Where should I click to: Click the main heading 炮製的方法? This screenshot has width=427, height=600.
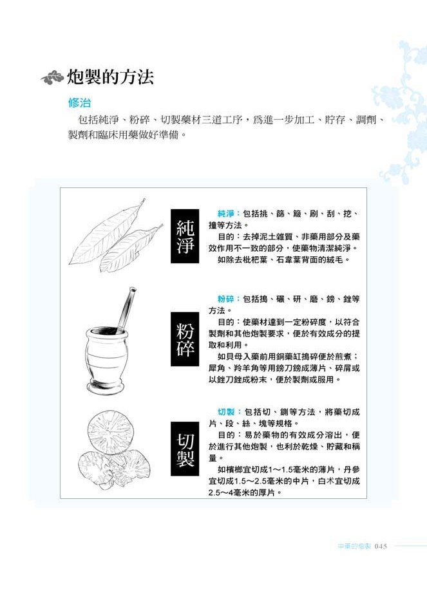pyautogui.click(x=111, y=77)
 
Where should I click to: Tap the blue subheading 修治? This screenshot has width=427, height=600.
pyautogui.click(x=80, y=103)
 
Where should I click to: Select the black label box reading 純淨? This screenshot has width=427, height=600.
pyautogui.click(x=185, y=236)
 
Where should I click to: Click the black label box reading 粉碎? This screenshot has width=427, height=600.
pyautogui.click(x=185, y=339)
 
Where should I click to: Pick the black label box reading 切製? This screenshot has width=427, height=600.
pyautogui.click(x=185, y=449)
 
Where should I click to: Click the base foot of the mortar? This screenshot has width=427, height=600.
pyautogui.click(x=106, y=387)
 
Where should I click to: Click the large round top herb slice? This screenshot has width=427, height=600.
pyautogui.click(x=109, y=433)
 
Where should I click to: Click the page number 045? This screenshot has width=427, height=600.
pyautogui.click(x=381, y=546)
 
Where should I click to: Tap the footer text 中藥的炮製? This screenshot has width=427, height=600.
pyautogui.click(x=354, y=546)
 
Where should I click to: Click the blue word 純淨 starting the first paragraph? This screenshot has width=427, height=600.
pyautogui.click(x=225, y=214)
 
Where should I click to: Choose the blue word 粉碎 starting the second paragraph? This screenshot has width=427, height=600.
pyautogui.click(x=225, y=299)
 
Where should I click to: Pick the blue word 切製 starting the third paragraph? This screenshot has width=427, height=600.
pyautogui.click(x=226, y=412)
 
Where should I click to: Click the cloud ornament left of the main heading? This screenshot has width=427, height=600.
pyautogui.click(x=52, y=78)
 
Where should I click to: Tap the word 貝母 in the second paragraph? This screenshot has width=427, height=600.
pyautogui.click(x=234, y=356)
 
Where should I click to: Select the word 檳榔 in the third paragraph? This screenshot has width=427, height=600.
pyautogui.click(x=234, y=469)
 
